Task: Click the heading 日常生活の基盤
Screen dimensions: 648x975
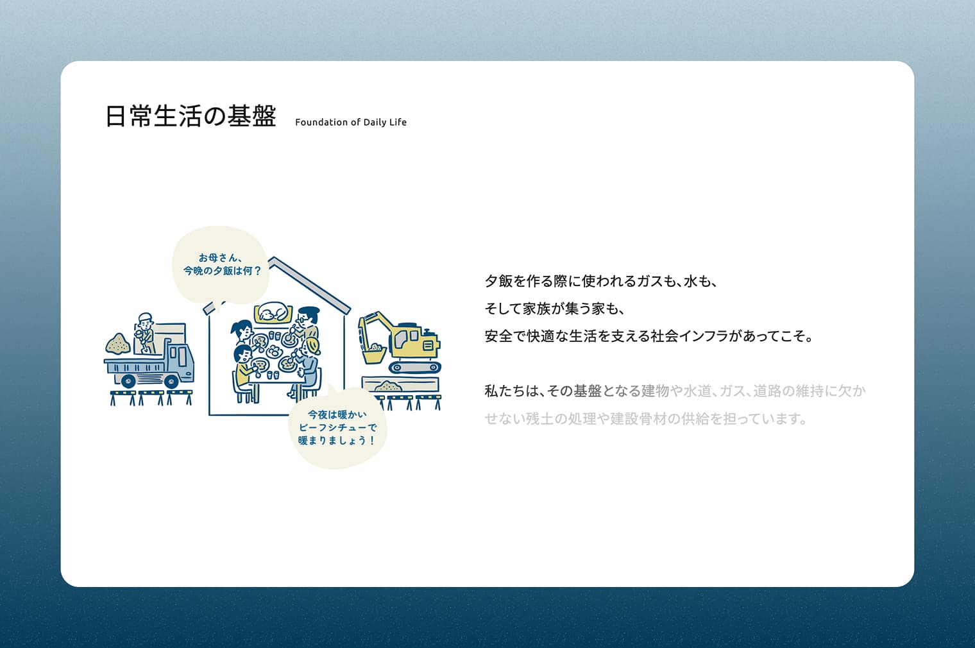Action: (191, 116)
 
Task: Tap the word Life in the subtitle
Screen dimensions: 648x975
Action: (398, 123)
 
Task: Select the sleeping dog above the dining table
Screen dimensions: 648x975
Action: (275, 313)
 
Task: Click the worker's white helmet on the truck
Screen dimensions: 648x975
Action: (145, 316)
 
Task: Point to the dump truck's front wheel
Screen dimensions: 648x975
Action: (171, 381)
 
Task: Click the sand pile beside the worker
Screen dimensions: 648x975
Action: (117, 344)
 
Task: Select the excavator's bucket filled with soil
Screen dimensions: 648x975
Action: (374, 352)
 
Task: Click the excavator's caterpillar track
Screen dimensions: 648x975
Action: (415, 368)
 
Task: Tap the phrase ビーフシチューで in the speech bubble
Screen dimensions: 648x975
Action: (337, 427)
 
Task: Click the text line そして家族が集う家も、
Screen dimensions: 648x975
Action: (554, 309)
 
